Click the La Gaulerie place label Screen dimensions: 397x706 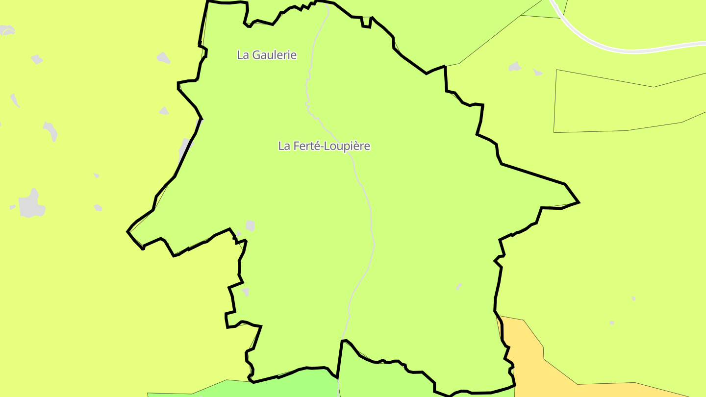[x=267, y=55]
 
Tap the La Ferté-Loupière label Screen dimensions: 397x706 [x=324, y=146]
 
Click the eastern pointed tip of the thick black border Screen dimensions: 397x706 [x=579, y=202]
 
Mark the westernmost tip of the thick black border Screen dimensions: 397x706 [x=128, y=231]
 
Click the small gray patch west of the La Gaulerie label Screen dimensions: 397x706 [x=164, y=58]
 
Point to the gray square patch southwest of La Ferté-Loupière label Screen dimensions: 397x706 [x=250, y=225]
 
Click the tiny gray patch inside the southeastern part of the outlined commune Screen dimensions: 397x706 [x=459, y=286]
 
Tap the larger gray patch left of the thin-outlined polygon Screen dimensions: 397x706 [x=514, y=67]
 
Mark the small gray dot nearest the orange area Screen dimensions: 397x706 [x=611, y=323]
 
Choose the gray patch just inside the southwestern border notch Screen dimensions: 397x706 [x=245, y=292]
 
